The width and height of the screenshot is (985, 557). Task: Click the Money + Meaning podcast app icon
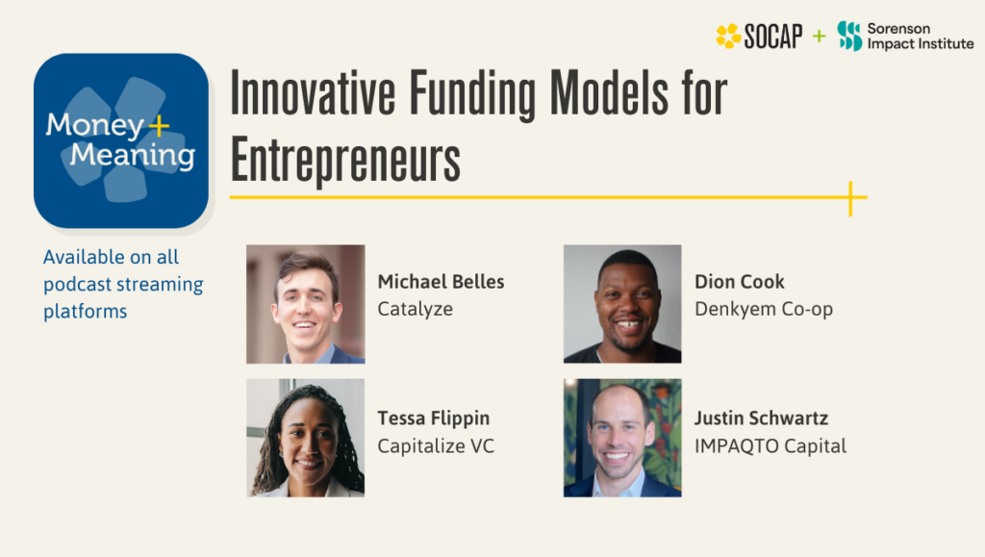(121, 140)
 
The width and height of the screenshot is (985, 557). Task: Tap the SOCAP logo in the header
(759, 37)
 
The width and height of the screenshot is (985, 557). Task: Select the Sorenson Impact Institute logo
(904, 37)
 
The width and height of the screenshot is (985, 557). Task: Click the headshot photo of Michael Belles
(306, 304)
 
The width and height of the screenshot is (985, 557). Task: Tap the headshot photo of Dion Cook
(622, 304)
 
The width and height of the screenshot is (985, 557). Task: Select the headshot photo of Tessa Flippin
(306, 438)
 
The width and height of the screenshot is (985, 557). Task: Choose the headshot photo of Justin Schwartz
(622, 438)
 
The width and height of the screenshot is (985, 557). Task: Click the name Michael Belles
(441, 282)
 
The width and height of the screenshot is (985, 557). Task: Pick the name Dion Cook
(739, 282)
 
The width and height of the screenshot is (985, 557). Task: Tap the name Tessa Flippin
(433, 418)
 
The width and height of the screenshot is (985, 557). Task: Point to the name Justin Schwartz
(761, 418)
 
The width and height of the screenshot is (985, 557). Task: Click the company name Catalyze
(415, 310)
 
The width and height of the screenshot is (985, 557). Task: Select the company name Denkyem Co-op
(763, 310)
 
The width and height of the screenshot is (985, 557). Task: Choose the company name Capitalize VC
(436, 446)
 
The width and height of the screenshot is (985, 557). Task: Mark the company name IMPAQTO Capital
(770, 446)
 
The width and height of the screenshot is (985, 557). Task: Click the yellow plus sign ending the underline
(850, 198)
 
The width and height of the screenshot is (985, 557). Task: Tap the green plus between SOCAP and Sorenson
(819, 37)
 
